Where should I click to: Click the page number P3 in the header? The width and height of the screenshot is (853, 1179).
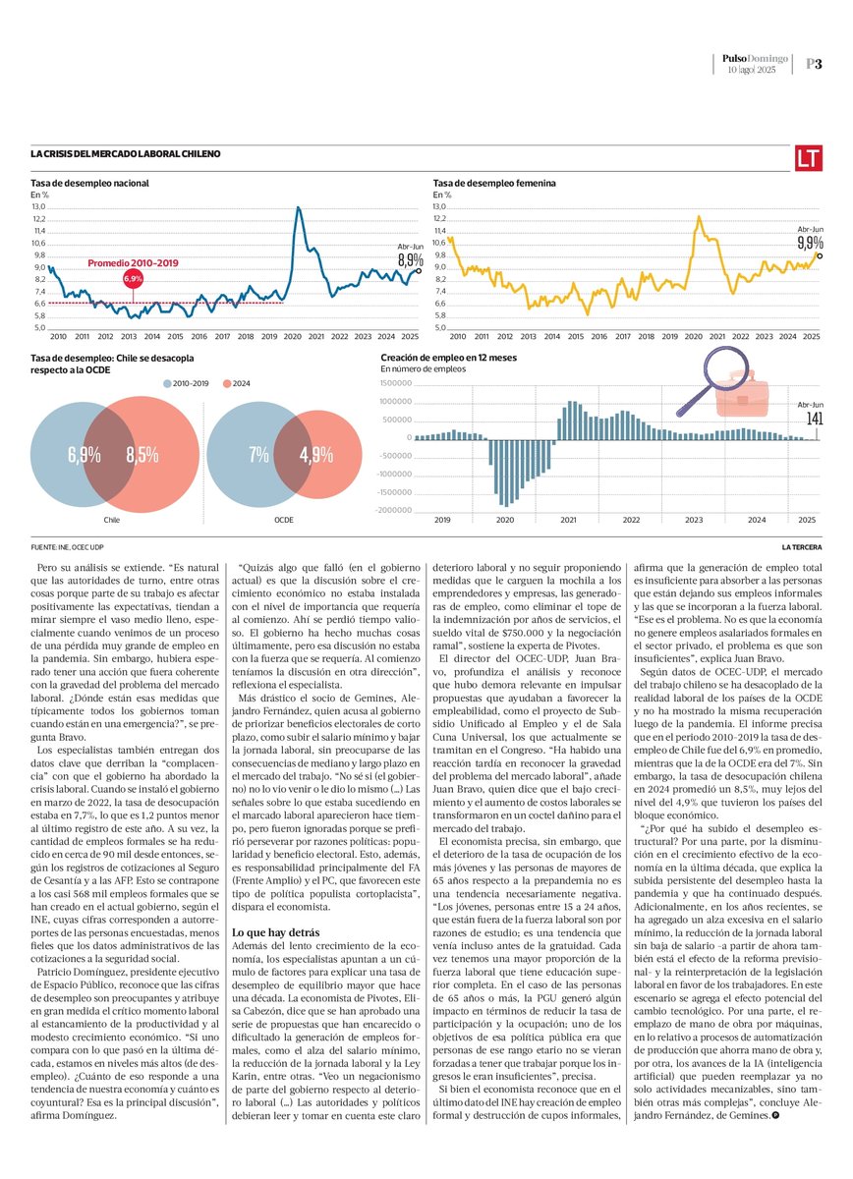[814, 64]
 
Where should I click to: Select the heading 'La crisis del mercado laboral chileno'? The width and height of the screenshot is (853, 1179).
[126, 154]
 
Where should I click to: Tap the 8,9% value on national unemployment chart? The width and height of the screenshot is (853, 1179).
[410, 260]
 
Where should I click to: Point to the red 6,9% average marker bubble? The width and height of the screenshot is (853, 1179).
[133, 279]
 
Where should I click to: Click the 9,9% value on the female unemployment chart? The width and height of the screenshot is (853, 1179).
[811, 242]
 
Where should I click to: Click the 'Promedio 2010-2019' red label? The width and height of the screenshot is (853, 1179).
[133, 263]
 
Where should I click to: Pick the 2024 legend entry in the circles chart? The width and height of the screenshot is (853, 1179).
[236, 382]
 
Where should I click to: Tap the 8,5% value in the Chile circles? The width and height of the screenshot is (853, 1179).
[142, 455]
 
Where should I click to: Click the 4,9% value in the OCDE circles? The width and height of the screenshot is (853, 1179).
[315, 455]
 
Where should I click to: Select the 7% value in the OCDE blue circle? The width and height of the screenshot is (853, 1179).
[258, 455]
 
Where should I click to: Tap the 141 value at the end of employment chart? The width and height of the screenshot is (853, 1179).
[814, 419]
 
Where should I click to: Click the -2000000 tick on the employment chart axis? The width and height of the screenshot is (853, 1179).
[392, 511]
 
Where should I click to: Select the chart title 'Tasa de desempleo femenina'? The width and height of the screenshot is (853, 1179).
[494, 183]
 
